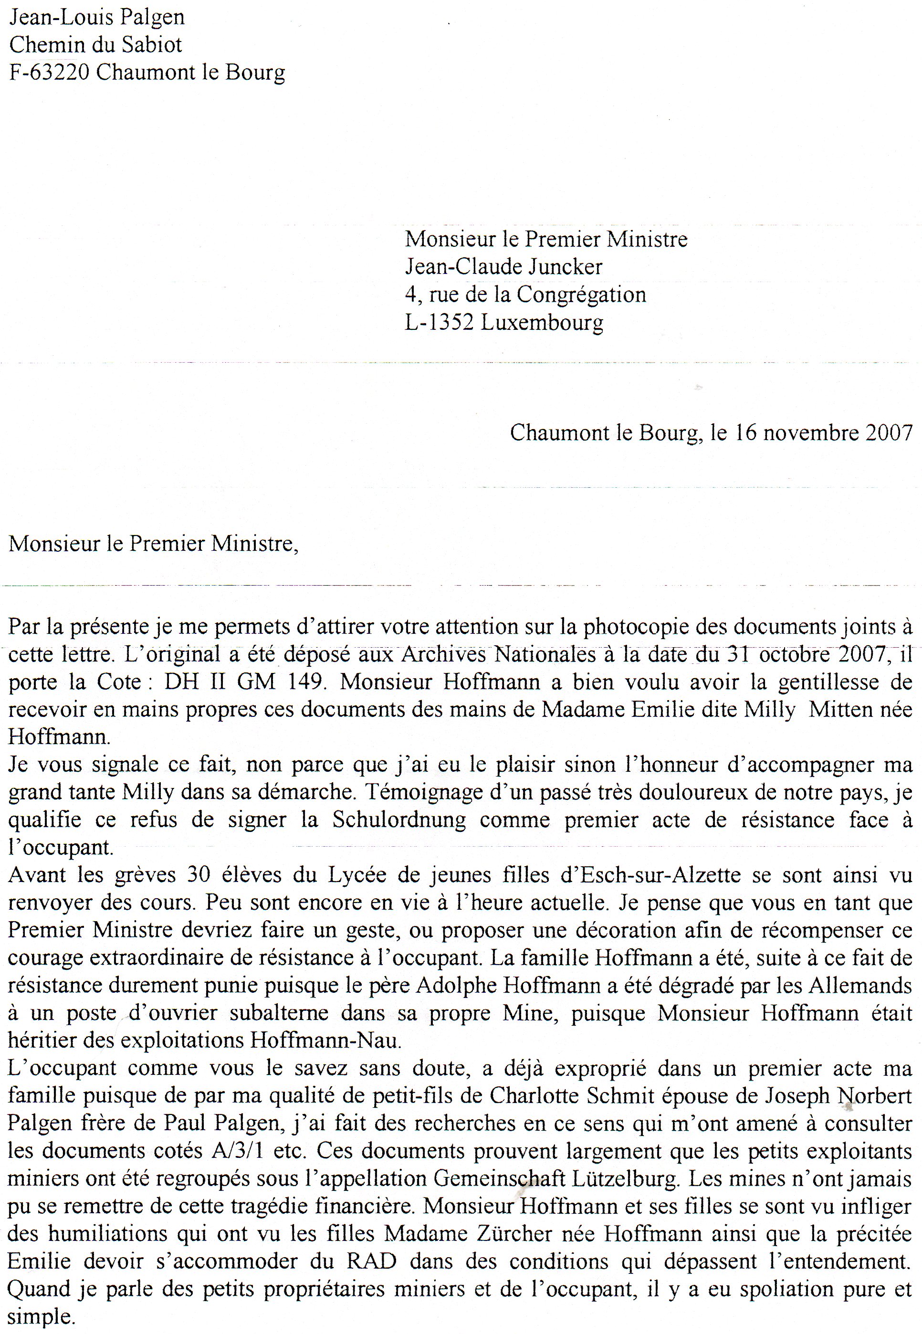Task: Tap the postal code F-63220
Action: [49, 73]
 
